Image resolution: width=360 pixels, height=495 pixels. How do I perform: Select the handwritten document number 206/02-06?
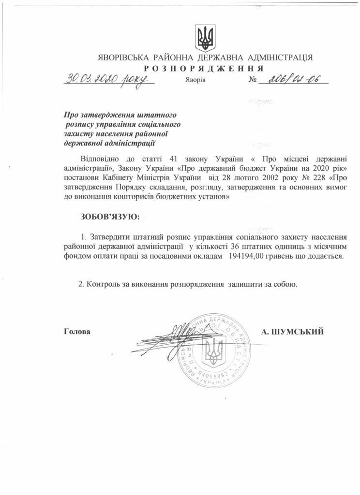(x=294, y=79)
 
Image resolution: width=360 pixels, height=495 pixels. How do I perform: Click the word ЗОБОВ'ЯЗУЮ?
(x=110, y=216)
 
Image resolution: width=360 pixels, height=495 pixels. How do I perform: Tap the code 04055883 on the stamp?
(x=212, y=375)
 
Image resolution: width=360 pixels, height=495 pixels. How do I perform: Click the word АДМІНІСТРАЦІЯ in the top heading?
(x=280, y=57)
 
